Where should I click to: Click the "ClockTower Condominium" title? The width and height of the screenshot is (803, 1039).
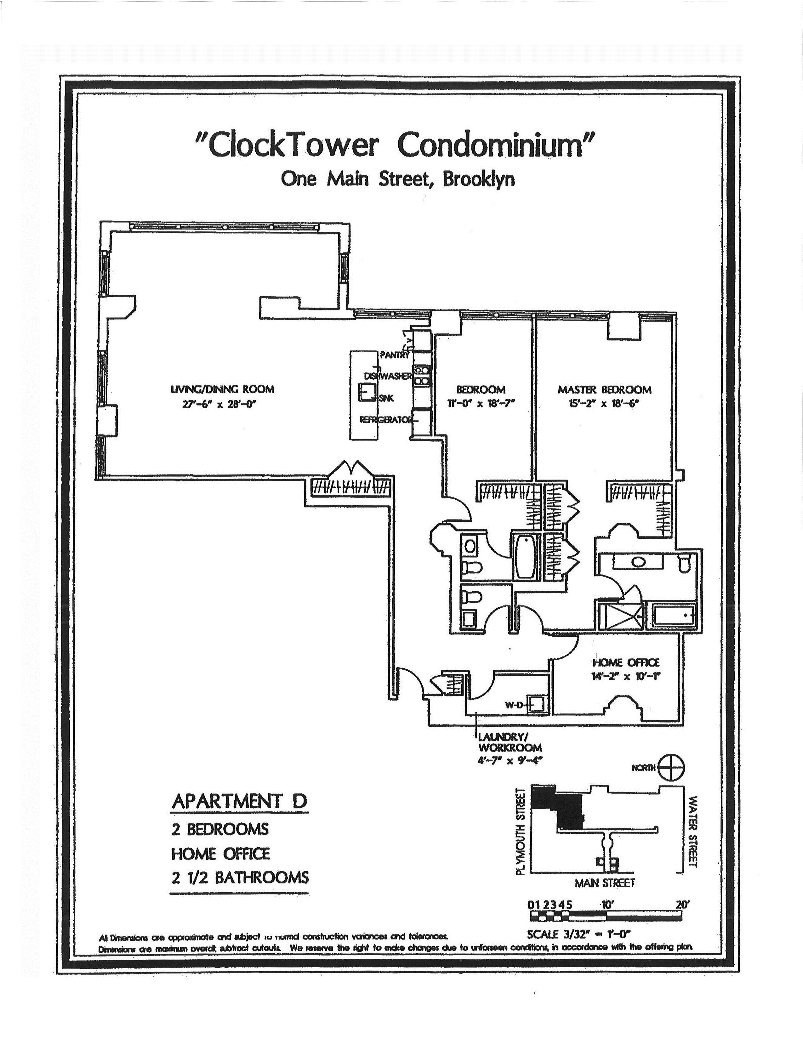396,145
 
